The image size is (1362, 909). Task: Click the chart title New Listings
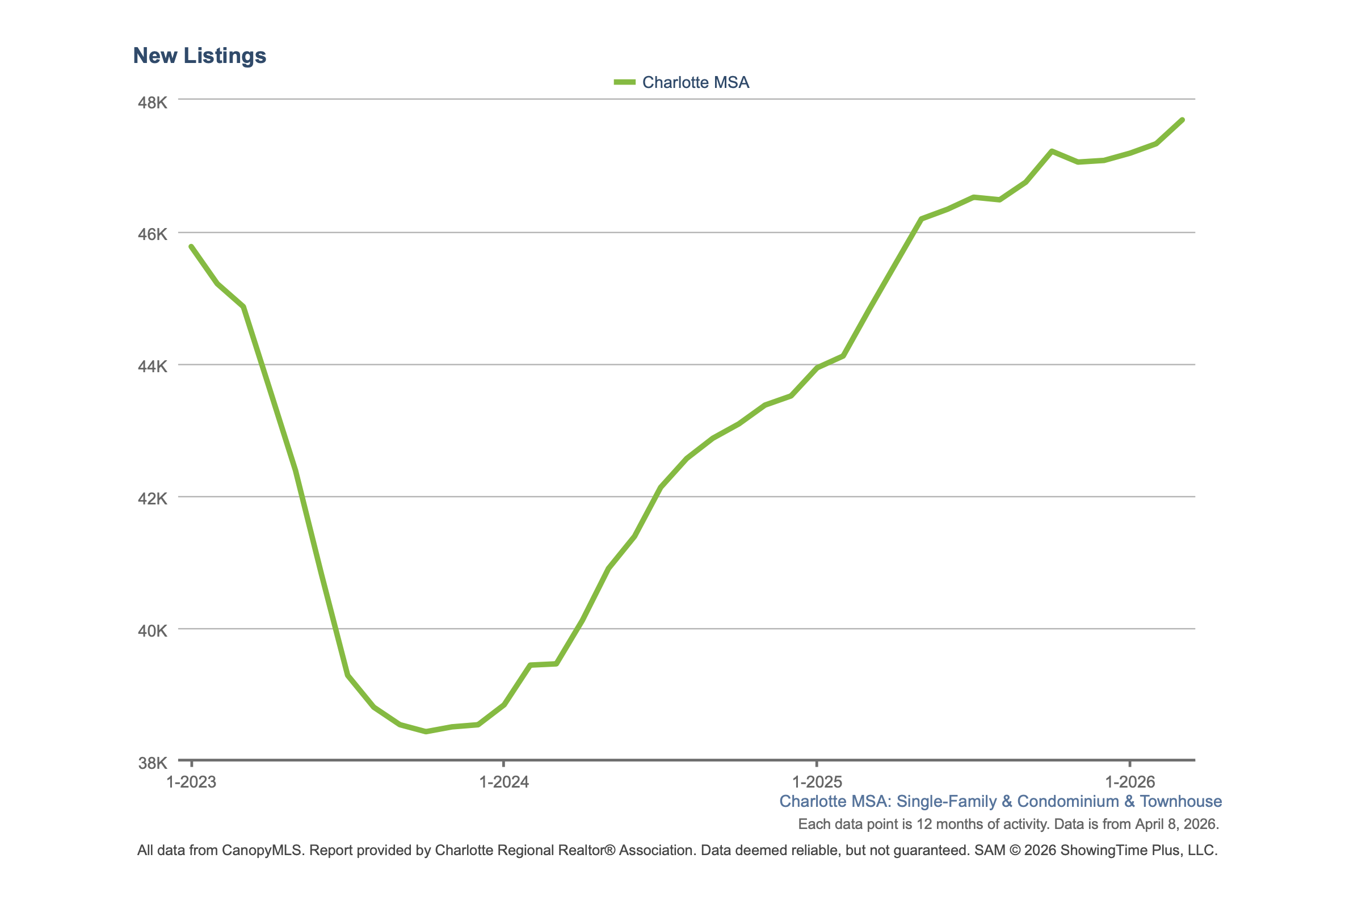tap(199, 56)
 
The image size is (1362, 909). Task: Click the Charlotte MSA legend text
tap(695, 82)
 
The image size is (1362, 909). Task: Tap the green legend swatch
tap(624, 82)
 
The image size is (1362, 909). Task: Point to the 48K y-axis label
tap(153, 103)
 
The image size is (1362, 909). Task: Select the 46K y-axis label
tap(153, 234)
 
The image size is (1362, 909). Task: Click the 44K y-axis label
tap(153, 367)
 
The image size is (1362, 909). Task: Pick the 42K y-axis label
tap(153, 499)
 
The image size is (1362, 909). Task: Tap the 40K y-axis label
tap(153, 631)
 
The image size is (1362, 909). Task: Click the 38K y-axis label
tap(153, 763)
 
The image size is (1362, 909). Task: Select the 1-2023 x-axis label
tap(191, 782)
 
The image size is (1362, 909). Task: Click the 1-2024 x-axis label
tap(504, 782)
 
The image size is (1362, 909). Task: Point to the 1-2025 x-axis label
tap(817, 782)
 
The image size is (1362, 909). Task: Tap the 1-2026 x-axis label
tap(1130, 782)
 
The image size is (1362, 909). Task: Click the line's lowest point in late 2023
tap(426, 731)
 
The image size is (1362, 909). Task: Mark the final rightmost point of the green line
tap(1182, 120)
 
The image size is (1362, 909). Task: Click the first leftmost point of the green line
tap(191, 246)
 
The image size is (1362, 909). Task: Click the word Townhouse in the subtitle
tap(1180, 801)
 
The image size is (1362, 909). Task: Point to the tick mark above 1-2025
tap(817, 764)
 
